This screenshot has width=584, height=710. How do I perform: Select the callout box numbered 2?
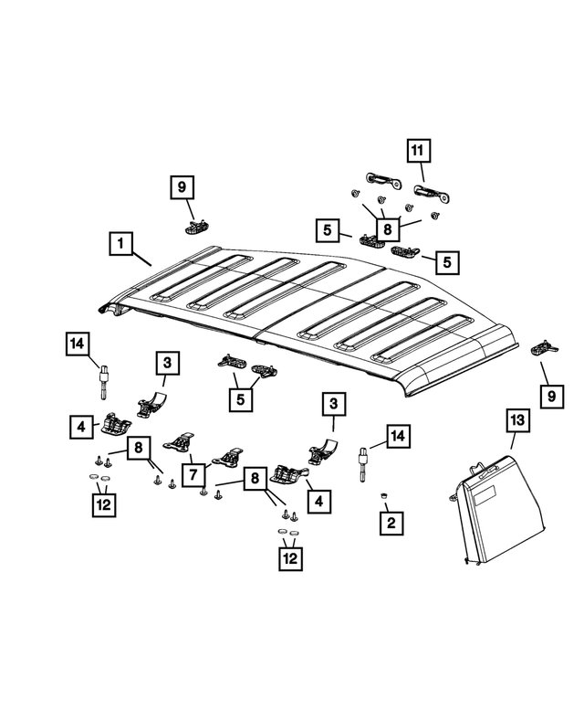click(391, 523)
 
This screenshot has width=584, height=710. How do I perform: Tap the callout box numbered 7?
click(193, 475)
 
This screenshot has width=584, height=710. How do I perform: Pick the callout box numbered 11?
click(416, 150)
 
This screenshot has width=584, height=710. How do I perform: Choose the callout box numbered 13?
click(516, 419)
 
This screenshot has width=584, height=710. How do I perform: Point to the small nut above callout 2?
click(384, 496)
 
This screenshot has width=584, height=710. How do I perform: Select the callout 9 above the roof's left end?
click(182, 187)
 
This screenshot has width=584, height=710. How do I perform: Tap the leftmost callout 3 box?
click(167, 363)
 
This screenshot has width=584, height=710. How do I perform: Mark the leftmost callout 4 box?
click(80, 425)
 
